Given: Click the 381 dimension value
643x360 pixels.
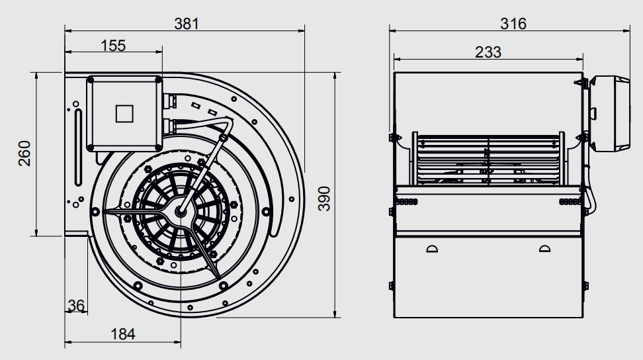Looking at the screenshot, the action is (x=186, y=24).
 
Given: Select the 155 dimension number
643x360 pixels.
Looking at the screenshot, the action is (x=113, y=46).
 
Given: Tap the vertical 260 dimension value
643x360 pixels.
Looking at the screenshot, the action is (x=24, y=154).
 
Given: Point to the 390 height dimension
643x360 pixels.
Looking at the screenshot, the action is (x=324, y=199).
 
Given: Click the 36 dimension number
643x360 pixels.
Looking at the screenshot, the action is (x=76, y=306).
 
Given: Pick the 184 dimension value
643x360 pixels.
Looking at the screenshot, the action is (x=122, y=334).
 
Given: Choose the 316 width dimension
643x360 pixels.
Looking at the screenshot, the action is (x=513, y=24).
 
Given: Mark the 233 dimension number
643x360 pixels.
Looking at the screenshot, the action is (x=488, y=52).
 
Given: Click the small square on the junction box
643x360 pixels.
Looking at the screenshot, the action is (x=124, y=114).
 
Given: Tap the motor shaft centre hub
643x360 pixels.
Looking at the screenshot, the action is (x=181, y=212).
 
